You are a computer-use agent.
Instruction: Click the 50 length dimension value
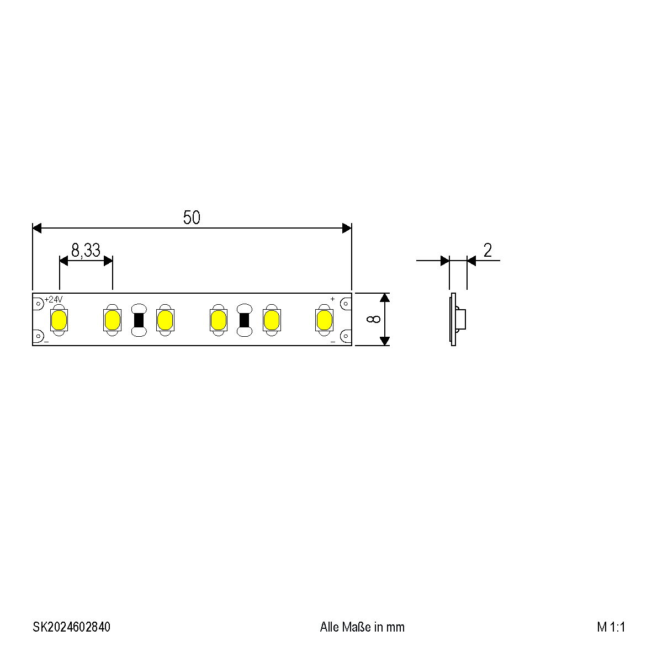click(x=192, y=218)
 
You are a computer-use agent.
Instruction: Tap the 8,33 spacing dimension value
click(x=86, y=250)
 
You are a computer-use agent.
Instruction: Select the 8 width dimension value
click(x=373, y=319)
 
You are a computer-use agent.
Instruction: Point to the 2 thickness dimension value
click(x=487, y=250)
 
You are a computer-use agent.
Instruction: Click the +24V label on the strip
click(x=53, y=299)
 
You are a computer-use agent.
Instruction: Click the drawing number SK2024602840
click(x=72, y=627)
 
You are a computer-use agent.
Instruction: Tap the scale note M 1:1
click(x=611, y=627)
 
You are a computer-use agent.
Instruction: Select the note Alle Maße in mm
click(x=362, y=627)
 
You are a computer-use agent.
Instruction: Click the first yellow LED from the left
click(x=59, y=320)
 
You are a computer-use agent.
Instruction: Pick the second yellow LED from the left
click(x=112, y=320)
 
